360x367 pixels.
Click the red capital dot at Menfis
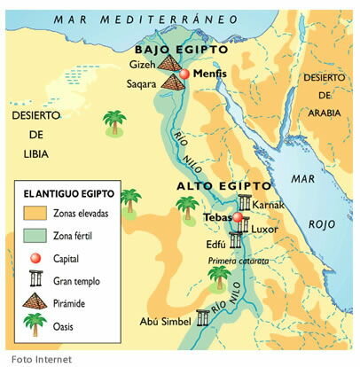184,75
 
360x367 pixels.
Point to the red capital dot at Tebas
237,217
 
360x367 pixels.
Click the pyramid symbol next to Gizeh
171,65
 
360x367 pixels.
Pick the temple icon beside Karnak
243,205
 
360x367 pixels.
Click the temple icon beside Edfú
236,240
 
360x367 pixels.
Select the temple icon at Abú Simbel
201,316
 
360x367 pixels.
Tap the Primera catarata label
238,261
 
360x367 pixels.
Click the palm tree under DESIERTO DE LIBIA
113,122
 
